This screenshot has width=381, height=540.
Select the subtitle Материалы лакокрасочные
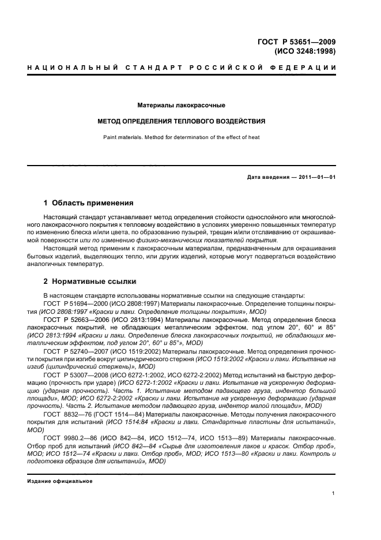coord(181,106)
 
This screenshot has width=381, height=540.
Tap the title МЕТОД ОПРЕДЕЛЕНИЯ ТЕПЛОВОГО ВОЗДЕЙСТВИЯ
coord(181,122)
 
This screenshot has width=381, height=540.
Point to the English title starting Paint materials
coord(181,137)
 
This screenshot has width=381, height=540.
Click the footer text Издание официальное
coord(59,481)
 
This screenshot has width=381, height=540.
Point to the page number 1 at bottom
coord(334,493)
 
